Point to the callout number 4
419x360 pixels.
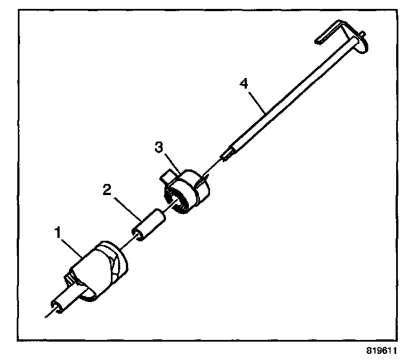tap(242, 84)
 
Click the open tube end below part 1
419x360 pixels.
tap(56, 305)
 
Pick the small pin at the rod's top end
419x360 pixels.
tap(363, 36)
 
